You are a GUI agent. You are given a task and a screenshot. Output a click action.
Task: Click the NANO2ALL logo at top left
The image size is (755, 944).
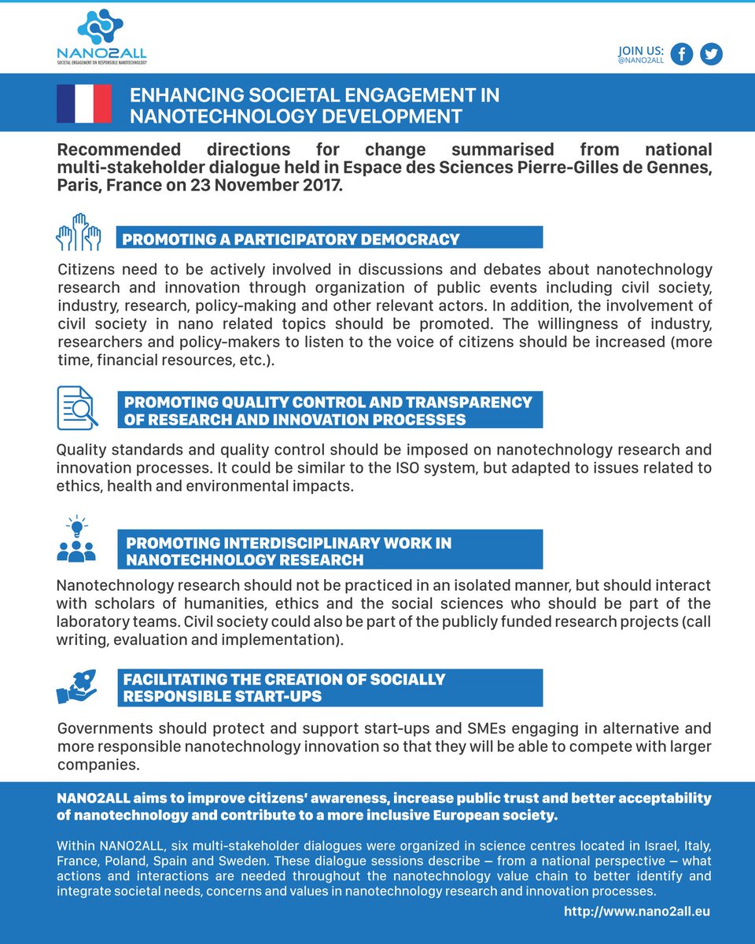point(101,37)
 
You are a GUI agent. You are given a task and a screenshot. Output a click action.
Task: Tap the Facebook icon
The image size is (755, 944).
point(681,54)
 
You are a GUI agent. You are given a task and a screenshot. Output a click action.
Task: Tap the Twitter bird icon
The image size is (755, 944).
point(711,54)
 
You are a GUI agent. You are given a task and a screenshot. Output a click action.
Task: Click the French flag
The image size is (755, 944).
point(84,103)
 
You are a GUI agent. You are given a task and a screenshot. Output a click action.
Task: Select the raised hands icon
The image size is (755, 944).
point(78,232)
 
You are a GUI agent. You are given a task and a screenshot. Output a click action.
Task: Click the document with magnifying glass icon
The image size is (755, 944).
point(77,407)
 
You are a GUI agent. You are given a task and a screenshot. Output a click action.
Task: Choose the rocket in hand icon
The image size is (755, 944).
point(76,687)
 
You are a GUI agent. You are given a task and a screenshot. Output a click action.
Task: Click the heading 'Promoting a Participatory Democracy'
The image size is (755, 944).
point(291,239)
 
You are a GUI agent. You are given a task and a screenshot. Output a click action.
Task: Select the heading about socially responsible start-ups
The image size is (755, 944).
point(285,688)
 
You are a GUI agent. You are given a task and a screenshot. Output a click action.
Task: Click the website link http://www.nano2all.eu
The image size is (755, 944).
point(637,911)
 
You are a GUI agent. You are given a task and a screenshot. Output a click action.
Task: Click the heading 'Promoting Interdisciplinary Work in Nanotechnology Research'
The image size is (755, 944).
point(288,551)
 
